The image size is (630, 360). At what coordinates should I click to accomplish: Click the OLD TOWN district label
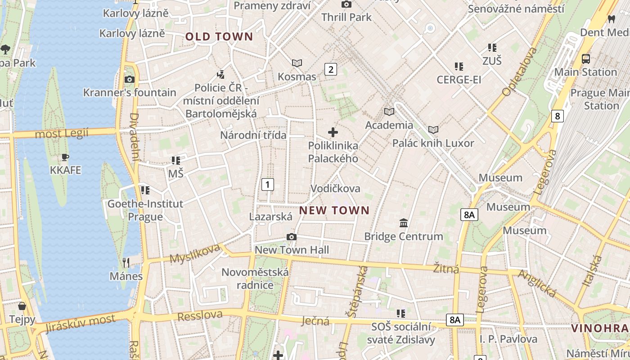click(220, 37)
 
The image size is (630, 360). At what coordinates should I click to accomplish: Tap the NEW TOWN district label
click(334, 210)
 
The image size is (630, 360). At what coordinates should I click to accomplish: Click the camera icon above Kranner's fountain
click(130, 80)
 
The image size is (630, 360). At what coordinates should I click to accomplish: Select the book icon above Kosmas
click(297, 63)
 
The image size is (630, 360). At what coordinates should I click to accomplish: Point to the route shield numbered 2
click(331, 69)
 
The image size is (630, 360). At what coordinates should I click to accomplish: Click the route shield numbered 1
click(268, 184)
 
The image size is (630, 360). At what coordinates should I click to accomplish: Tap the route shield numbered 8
click(558, 116)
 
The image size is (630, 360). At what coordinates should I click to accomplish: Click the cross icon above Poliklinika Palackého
click(333, 132)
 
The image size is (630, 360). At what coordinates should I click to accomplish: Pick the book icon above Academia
click(389, 112)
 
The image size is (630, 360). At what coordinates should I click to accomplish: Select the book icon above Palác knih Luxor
click(433, 130)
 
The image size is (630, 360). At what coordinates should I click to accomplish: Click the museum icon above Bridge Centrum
click(404, 223)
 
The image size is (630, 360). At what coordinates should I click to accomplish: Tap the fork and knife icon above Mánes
click(126, 263)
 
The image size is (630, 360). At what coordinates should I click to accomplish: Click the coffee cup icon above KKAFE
click(66, 157)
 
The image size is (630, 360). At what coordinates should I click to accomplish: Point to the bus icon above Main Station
click(586, 59)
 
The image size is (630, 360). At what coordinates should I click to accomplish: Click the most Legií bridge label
click(62, 133)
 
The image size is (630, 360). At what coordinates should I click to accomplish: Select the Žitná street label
click(446, 269)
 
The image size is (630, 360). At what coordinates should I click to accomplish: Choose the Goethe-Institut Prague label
click(145, 210)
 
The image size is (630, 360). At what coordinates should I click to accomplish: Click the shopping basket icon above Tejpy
click(22, 306)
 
